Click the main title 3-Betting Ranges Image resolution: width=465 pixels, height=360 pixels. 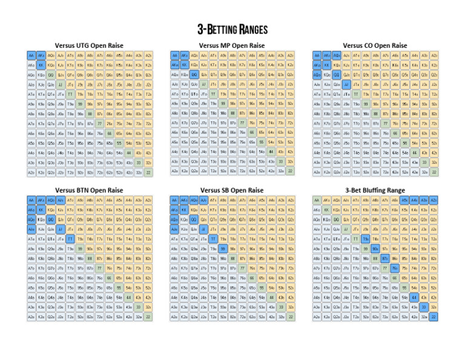coord(232,29)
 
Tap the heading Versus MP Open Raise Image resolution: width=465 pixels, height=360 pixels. coord(232,45)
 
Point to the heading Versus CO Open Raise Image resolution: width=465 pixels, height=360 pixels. coord(375,45)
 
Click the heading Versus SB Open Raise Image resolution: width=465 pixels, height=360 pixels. coord(232,190)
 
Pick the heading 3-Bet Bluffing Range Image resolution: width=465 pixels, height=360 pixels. coord(375,190)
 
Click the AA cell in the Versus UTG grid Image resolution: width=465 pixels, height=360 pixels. coord(31,55)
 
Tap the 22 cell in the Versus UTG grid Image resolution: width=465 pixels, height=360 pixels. coord(148,172)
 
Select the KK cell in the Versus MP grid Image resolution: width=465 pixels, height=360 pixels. coord(184,65)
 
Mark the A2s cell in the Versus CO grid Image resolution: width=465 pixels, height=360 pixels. coord(434,55)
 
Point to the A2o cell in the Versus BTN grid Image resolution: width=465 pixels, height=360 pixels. coord(31,317)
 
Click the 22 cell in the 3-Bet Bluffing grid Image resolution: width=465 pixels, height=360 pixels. coord(434,317)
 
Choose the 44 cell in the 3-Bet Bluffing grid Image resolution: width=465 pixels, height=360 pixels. coord(414,298)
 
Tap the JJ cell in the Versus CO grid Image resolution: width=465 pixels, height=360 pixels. coord(346,84)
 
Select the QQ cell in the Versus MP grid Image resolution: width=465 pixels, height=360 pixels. coord(194,75)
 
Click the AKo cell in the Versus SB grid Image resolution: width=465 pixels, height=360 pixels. coord(174,210)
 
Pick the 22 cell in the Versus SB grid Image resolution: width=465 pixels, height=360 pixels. coord(291,317)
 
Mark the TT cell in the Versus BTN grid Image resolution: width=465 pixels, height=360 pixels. coord(70,239)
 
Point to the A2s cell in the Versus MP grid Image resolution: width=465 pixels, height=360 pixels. coord(291,55)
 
